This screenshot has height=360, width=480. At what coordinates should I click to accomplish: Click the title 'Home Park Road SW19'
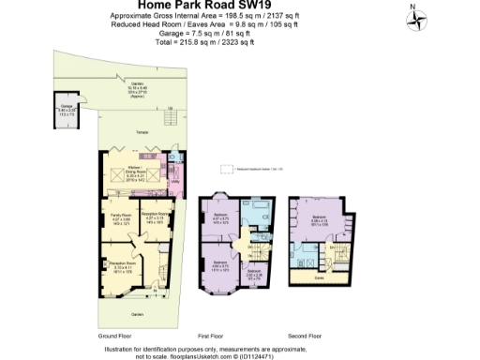(x=239, y=5)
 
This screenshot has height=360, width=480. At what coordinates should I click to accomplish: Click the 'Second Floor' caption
(x=304, y=335)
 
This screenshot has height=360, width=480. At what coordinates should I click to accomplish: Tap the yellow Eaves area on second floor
(x=319, y=278)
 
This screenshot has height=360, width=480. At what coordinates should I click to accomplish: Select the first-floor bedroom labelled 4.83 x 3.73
(x=220, y=265)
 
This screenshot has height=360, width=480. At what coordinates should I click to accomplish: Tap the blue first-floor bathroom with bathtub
(x=259, y=208)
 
